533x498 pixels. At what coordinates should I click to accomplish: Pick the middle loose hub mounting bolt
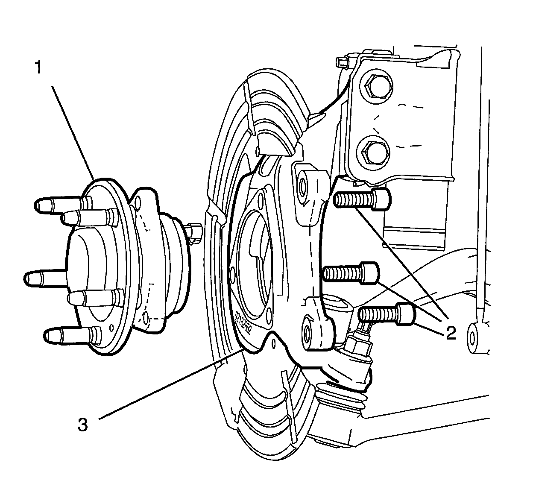coord(351,272)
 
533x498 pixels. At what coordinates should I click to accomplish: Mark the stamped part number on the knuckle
coord(243,322)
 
